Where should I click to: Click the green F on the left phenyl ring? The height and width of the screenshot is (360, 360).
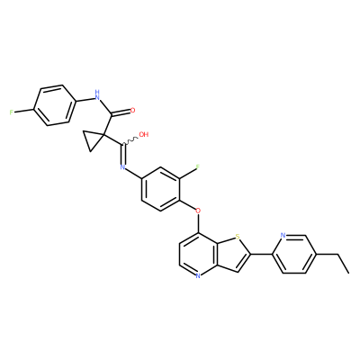(11, 112)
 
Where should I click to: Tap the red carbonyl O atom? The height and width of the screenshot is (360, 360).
(133, 110)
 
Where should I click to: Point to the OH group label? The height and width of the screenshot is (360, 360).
(144, 134)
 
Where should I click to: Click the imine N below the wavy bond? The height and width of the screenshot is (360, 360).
(122, 167)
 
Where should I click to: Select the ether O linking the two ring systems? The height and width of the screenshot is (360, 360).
(198, 211)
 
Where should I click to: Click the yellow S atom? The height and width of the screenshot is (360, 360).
(238, 237)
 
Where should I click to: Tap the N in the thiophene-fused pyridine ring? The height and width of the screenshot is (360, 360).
(198, 275)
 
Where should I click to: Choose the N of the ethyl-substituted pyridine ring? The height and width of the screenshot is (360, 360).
(283, 235)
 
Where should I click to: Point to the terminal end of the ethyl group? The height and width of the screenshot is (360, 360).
(349, 273)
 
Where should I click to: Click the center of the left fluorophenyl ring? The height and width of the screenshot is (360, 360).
(54, 105)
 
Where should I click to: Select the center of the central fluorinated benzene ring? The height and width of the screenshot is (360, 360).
(161, 189)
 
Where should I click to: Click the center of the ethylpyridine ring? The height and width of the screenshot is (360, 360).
(294, 254)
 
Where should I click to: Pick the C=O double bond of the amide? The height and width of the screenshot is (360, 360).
(121, 112)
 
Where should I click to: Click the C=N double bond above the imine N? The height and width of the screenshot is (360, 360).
(122, 155)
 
